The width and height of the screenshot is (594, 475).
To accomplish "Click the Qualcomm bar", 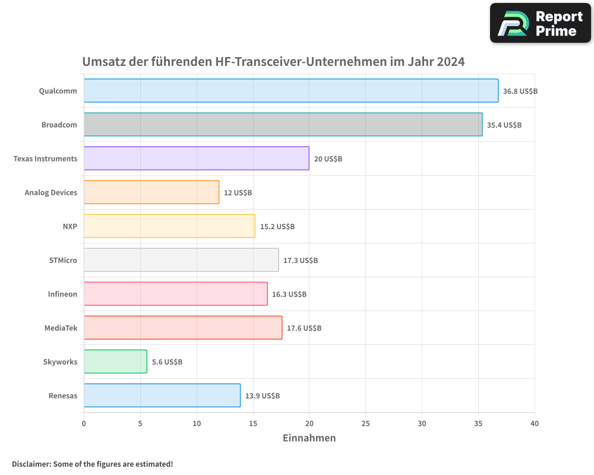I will [290, 91].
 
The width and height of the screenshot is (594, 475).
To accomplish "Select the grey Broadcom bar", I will [283, 125].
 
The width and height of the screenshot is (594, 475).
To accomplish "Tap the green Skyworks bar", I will [115, 362].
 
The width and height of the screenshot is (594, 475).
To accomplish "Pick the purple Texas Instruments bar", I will [196, 159].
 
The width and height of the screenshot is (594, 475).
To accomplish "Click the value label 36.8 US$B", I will [520, 91].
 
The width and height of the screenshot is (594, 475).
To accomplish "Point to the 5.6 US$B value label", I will [167, 362].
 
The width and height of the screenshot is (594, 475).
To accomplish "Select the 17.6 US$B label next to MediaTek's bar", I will [304, 328].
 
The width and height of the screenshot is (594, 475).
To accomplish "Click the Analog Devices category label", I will [51, 193].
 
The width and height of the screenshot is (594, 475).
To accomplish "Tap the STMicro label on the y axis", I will [63, 261].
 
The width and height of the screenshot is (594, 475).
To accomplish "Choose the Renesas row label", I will [63, 396].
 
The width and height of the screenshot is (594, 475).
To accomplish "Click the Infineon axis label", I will [62, 294].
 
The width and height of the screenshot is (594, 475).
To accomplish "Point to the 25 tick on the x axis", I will [365, 423].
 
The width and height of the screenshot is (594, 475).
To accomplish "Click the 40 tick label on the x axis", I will [534, 423].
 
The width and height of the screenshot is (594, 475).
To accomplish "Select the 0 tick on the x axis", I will [84, 423].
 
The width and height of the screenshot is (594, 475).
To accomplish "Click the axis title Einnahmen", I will [309, 438].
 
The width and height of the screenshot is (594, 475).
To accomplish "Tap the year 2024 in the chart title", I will [450, 62].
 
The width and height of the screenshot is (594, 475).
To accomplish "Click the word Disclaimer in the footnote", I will [30, 464].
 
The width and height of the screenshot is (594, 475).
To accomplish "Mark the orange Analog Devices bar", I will [151, 192].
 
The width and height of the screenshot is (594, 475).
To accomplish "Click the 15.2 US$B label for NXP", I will [277, 227].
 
